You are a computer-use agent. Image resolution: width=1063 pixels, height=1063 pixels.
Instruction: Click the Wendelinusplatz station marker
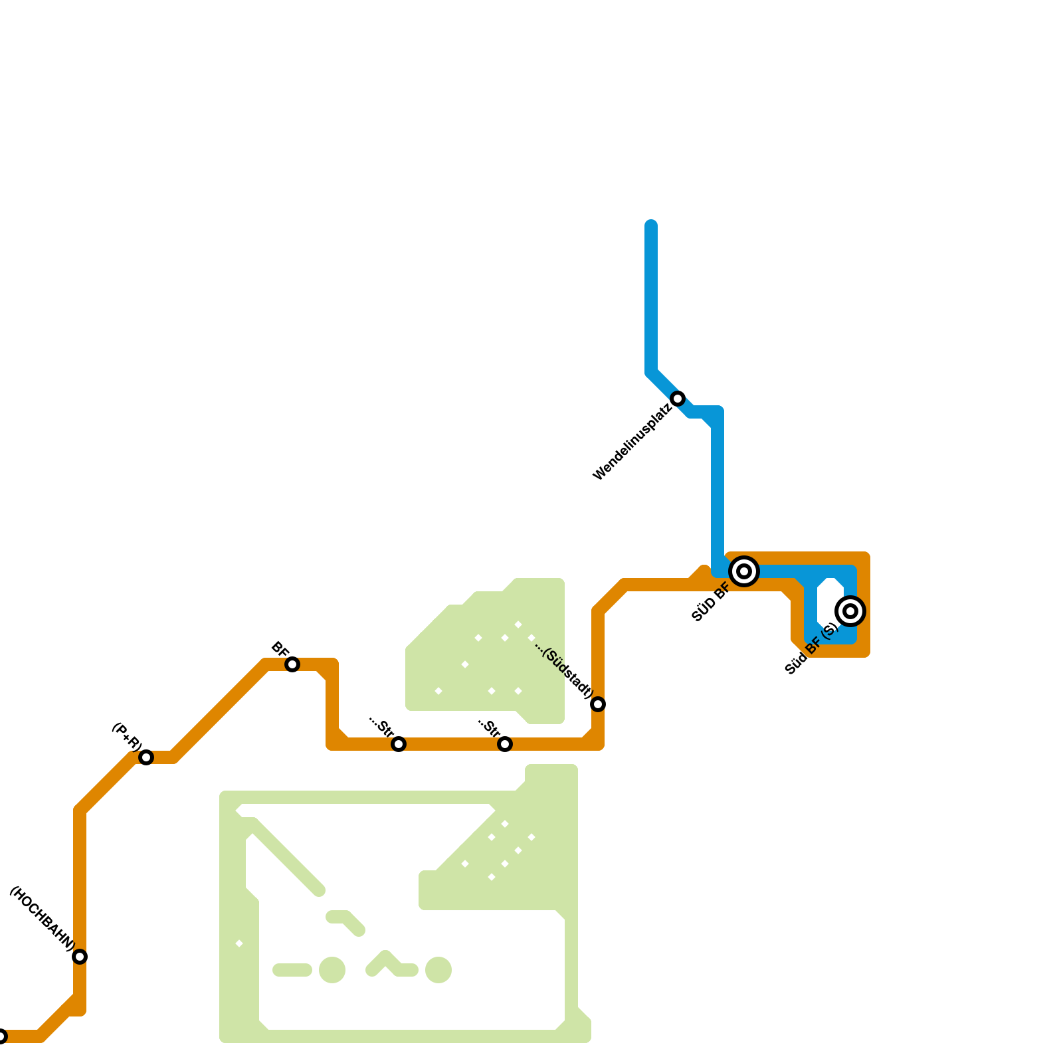(678, 399)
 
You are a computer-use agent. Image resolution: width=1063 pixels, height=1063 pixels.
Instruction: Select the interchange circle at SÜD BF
(744, 571)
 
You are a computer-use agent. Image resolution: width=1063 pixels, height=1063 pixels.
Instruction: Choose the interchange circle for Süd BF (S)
(850, 611)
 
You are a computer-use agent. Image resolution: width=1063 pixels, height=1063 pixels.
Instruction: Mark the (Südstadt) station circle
(598, 704)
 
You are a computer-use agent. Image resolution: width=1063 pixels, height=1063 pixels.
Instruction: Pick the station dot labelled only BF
(292, 664)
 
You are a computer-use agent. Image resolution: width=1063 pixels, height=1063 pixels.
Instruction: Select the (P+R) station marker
(146, 757)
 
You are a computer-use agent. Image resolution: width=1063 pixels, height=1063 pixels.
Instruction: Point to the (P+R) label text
(126, 736)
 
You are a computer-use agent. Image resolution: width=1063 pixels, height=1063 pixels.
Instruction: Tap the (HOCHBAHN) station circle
(80, 957)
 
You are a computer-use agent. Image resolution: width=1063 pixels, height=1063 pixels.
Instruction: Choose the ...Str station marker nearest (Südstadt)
(505, 744)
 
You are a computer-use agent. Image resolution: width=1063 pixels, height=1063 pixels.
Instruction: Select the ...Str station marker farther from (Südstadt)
(399, 744)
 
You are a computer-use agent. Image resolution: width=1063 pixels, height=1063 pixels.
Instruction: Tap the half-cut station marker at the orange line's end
(1, 1036)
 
